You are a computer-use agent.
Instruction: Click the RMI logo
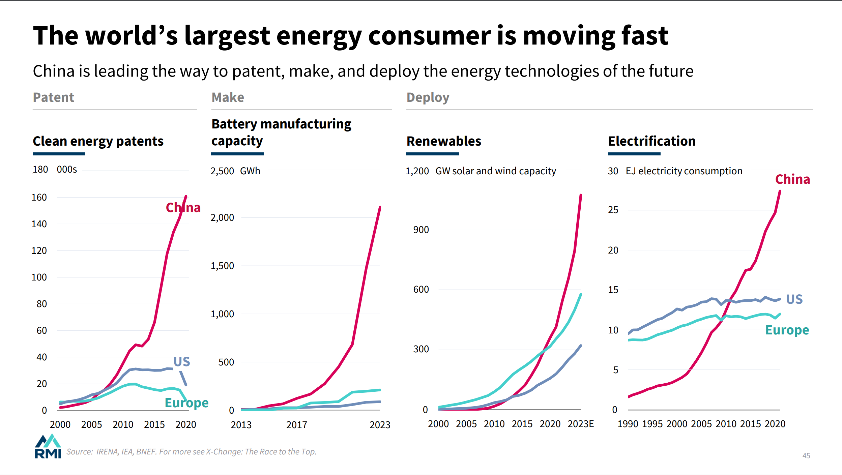(x=48, y=446)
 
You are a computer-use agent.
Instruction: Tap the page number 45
(x=806, y=456)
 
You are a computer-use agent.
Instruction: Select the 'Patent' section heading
(x=53, y=97)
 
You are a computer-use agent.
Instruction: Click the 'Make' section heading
(x=228, y=97)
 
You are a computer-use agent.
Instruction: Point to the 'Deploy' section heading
(x=428, y=97)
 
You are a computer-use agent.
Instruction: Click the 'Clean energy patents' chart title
(x=98, y=141)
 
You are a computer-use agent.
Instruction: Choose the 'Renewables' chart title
(x=444, y=141)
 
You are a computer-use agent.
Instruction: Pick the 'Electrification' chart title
(x=651, y=141)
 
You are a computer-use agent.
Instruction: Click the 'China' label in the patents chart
(x=183, y=207)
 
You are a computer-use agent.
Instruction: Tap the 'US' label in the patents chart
(x=182, y=362)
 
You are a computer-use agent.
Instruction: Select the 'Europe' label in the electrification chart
(x=787, y=330)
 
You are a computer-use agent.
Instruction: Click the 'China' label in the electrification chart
(x=792, y=179)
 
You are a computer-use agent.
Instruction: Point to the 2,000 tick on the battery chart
(x=222, y=218)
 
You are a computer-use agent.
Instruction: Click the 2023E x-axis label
(x=580, y=424)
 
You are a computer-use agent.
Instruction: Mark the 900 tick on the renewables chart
(x=421, y=230)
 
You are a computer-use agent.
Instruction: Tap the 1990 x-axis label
(x=628, y=424)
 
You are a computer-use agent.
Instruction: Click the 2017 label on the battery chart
(x=296, y=425)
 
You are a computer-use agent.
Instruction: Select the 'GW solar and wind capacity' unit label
(x=495, y=171)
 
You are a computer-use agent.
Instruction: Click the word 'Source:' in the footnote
(x=80, y=452)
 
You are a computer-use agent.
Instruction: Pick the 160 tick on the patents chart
(x=39, y=198)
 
